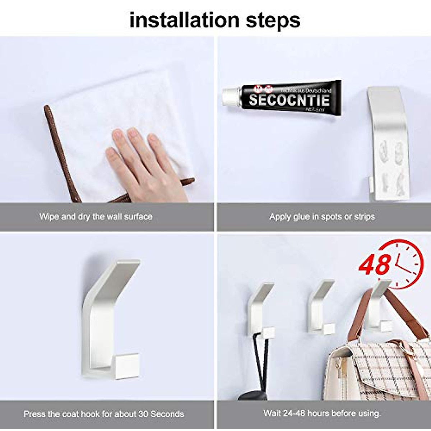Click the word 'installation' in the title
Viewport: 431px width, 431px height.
pyautogui.click(x=184, y=20)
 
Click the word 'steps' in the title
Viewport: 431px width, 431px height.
pyautogui.click(x=273, y=21)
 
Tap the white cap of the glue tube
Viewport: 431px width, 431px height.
pyautogui.click(x=229, y=96)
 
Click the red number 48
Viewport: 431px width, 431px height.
pyautogui.click(x=375, y=265)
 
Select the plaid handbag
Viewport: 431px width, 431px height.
pyautogui.click(x=377, y=370)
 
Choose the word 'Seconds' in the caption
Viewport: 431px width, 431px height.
pyautogui.click(x=167, y=414)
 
